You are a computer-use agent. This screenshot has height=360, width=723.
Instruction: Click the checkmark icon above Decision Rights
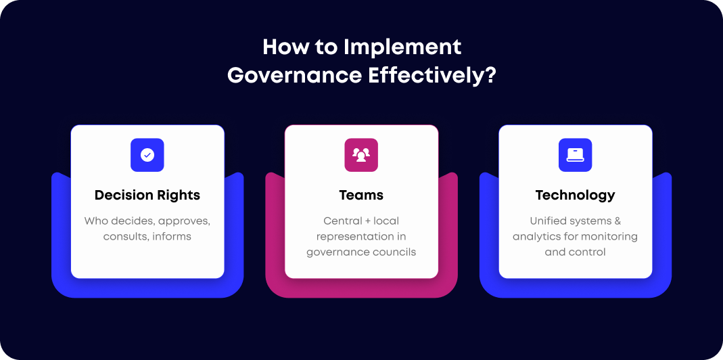147,155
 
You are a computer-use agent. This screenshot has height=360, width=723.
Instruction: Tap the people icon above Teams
361,155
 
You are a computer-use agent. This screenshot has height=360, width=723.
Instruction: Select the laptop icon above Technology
576,155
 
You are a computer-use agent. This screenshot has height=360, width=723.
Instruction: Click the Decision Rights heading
147,196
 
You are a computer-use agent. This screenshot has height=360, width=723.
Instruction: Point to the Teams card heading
361,196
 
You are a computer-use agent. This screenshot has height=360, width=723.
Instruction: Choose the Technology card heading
576,196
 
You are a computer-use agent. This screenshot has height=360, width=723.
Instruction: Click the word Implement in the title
402,47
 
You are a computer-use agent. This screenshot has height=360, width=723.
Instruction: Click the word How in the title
279,47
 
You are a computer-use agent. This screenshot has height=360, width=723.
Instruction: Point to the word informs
172,237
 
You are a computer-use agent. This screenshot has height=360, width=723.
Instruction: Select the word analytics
536,237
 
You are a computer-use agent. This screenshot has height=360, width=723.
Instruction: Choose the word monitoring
609,237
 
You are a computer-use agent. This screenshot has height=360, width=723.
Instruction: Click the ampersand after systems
616,221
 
